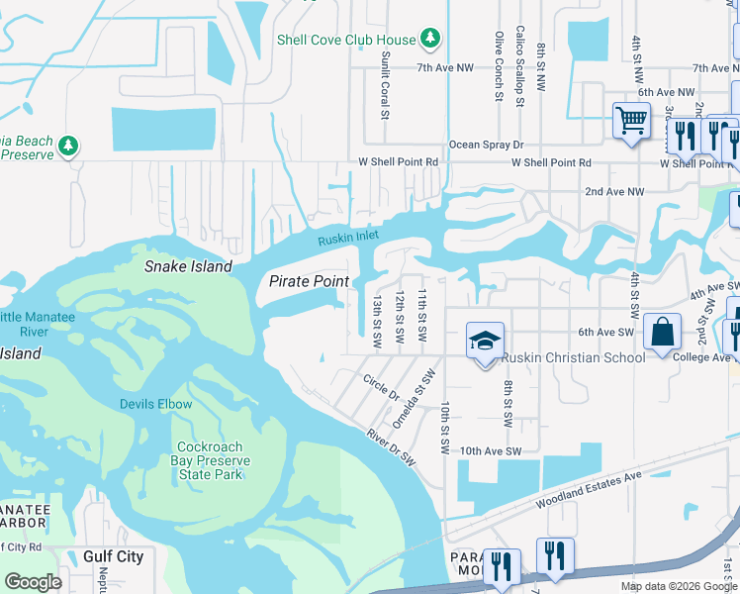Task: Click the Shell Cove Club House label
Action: (345, 40)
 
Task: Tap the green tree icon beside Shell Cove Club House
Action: (429, 39)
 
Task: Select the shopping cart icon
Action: (631, 122)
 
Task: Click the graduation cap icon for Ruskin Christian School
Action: (484, 341)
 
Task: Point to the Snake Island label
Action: (188, 266)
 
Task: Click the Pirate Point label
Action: (309, 281)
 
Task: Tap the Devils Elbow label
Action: (155, 404)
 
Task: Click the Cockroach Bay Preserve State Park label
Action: (214, 461)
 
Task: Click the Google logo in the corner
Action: (32, 582)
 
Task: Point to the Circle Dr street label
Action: (380, 386)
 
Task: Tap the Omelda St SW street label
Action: (414, 397)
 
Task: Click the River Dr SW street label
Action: (390, 447)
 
